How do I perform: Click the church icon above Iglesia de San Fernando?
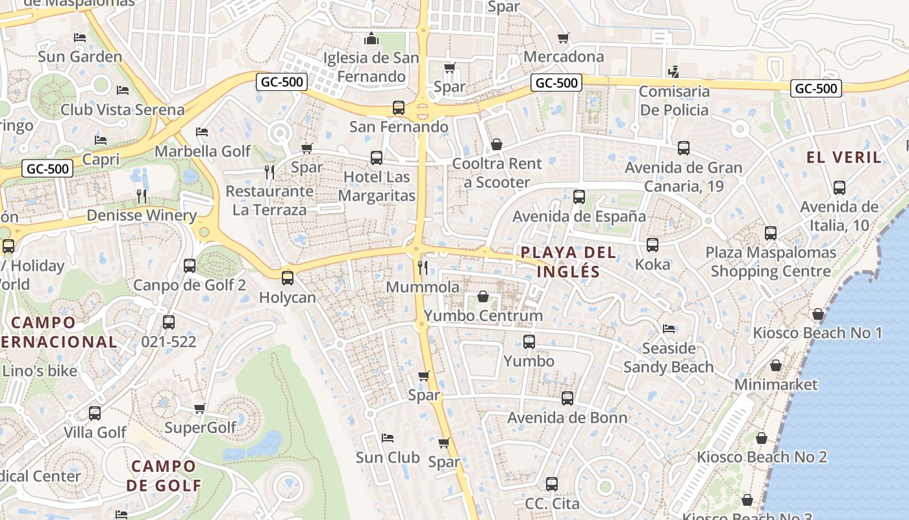(371, 38)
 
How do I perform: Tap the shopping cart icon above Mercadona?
(564, 38)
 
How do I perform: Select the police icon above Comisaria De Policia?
(674, 71)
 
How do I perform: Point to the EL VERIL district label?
(844, 157)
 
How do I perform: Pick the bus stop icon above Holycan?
(287, 278)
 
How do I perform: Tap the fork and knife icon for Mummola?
(423, 267)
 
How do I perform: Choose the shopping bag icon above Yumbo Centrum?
(483, 297)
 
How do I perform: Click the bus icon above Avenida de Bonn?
(567, 398)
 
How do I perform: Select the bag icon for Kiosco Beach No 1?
(818, 315)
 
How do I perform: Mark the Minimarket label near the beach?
(776, 385)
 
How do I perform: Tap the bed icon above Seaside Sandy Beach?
(668, 329)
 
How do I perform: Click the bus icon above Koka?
(653, 245)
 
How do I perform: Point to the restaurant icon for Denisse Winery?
(142, 196)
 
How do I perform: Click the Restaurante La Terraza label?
(269, 201)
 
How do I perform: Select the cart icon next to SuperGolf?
(200, 408)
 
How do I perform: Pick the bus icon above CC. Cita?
(552, 484)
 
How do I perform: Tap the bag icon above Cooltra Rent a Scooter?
(497, 144)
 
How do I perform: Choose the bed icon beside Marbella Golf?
(202, 132)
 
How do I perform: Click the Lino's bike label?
(40, 372)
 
